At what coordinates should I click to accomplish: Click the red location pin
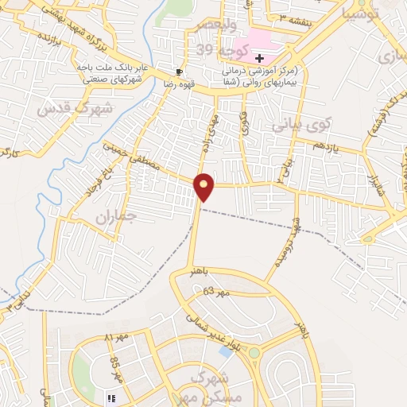[x=204, y=186]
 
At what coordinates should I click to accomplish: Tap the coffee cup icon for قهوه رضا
[x=177, y=70]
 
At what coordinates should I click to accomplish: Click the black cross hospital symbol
[x=259, y=58]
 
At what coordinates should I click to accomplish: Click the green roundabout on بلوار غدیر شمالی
[x=254, y=352]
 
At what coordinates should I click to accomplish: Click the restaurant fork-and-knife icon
[x=110, y=397]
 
